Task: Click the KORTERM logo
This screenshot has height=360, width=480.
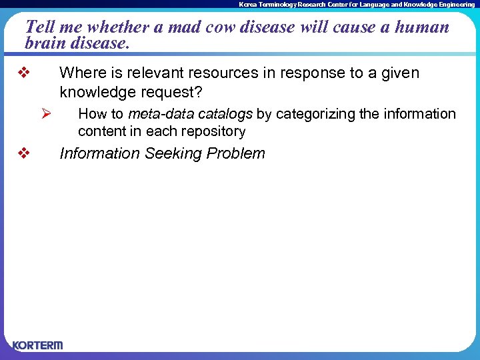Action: pyautogui.click(x=37, y=345)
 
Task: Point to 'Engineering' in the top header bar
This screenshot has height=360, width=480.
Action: pyautogui.click(x=456, y=4)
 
